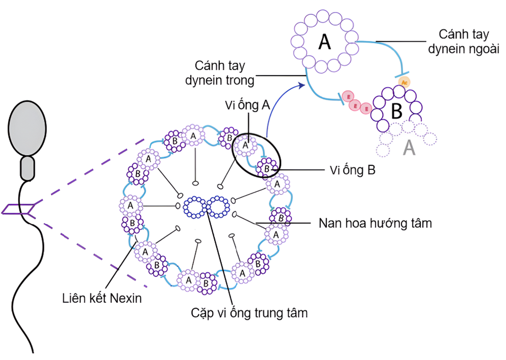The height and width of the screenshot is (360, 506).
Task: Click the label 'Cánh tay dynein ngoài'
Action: click(x=464, y=41)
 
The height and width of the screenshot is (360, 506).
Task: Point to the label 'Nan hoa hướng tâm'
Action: click(x=375, y=223)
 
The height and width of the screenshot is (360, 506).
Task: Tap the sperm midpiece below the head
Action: click(x=27, y=168)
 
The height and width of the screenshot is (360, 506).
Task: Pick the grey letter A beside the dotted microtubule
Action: click(x=410, y=148)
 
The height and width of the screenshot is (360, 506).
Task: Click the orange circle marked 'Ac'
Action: click(x=404, y=82)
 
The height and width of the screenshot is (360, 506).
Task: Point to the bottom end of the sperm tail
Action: click(x=33, y=352)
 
